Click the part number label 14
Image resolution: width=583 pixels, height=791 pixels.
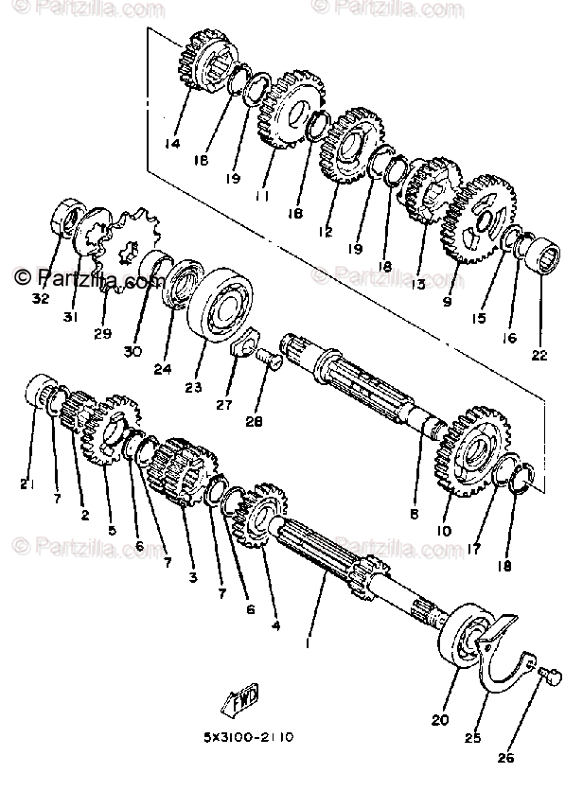pyautogui.click(x=171, y=145)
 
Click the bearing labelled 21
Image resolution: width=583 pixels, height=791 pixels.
pyautogui.click(x=41, y=395)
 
